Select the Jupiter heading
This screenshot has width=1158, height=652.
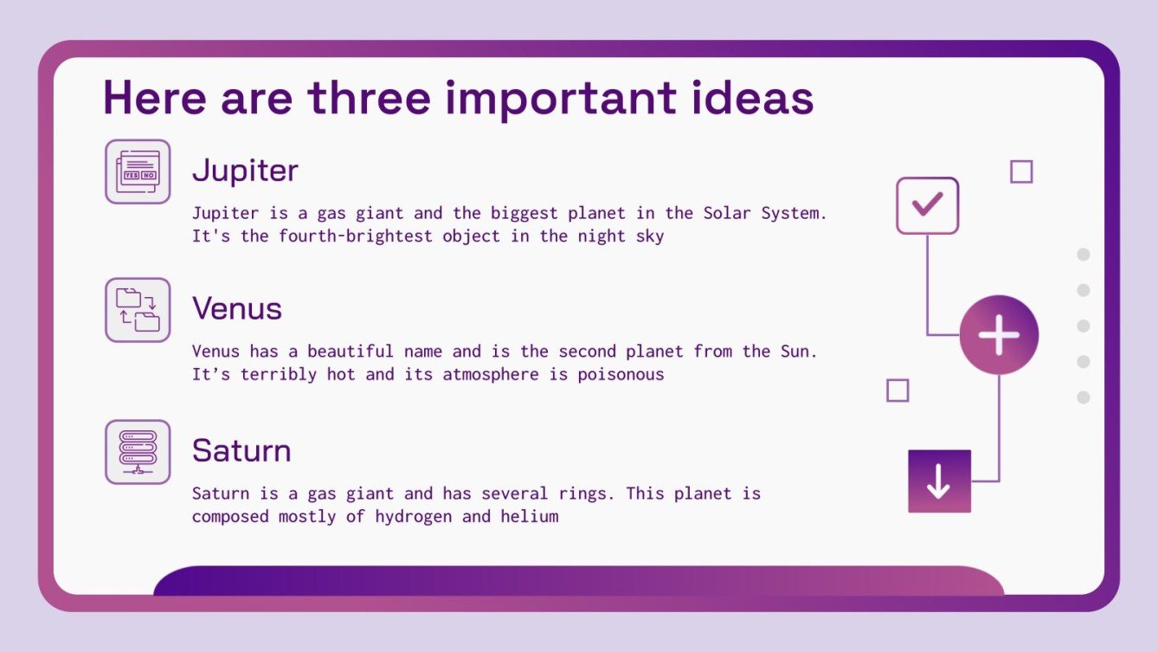[245, 170]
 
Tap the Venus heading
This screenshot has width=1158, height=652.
[237, 308]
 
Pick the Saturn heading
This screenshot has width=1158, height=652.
[241, 450]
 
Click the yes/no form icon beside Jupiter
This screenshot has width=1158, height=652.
[138, 171]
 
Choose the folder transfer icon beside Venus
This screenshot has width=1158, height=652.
[138, 310]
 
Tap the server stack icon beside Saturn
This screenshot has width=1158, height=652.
[138, 452]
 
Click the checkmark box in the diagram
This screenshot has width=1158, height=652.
[927, 206]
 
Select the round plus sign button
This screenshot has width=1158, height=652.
[999, 335]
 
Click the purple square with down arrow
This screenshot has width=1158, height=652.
[939, 481]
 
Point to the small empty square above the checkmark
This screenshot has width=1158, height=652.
[1021, 172]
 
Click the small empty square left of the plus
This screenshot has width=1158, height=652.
[897, 391]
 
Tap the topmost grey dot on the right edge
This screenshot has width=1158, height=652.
[1083, 255]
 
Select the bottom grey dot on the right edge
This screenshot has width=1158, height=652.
[1083, 397]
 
